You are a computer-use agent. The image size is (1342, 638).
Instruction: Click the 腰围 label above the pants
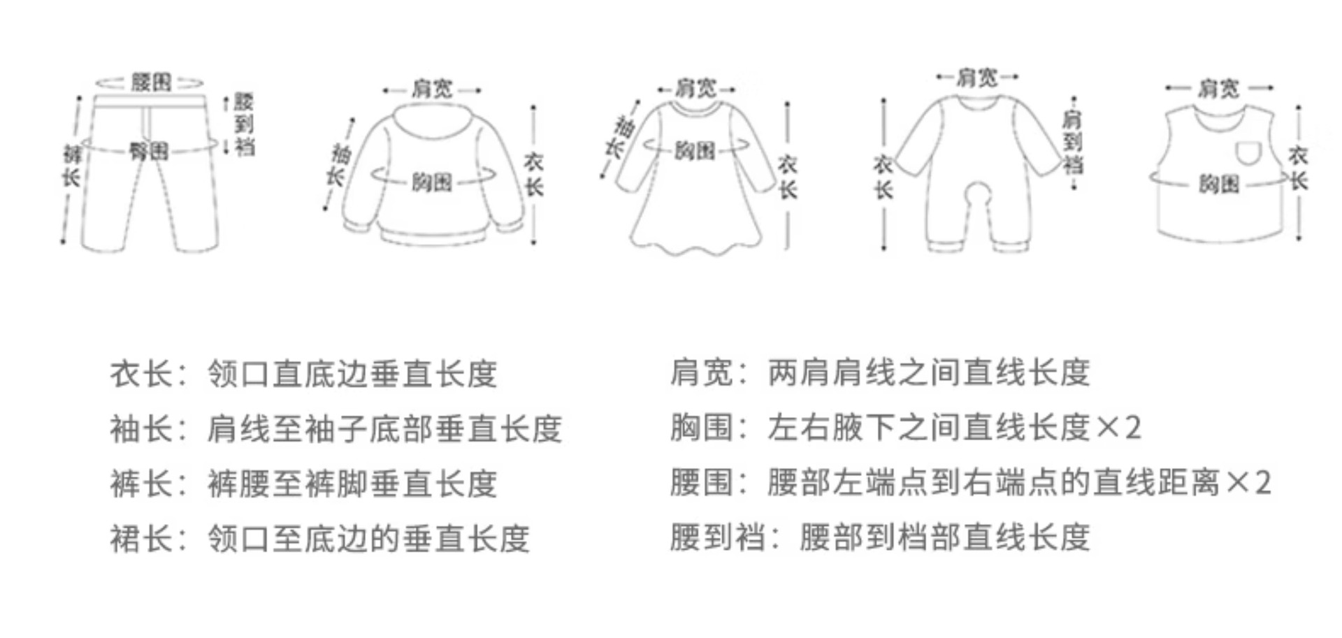[151, 82]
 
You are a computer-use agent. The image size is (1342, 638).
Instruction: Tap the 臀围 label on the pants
[149, 150]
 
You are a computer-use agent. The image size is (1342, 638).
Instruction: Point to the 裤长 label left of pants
[71, 166]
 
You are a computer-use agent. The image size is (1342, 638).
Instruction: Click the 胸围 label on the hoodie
[431, 182]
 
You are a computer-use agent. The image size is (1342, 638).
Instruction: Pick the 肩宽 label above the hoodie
[431, 89]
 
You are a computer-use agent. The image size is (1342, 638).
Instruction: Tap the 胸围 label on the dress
[694, 150]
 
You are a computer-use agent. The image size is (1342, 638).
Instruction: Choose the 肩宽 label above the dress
[695, 88]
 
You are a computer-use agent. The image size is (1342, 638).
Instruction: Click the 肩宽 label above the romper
[976, 77]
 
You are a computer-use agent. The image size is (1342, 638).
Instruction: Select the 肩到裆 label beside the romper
[1072, 143]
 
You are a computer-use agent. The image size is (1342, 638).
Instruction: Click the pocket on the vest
[1250, 152]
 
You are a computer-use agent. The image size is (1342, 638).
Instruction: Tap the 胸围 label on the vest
[1219, 184]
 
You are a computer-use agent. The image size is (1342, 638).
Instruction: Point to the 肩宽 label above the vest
[1218, 88]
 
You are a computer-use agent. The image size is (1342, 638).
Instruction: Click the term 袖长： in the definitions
[148, 428]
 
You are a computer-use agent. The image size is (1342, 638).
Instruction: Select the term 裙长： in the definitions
[148, 539]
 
